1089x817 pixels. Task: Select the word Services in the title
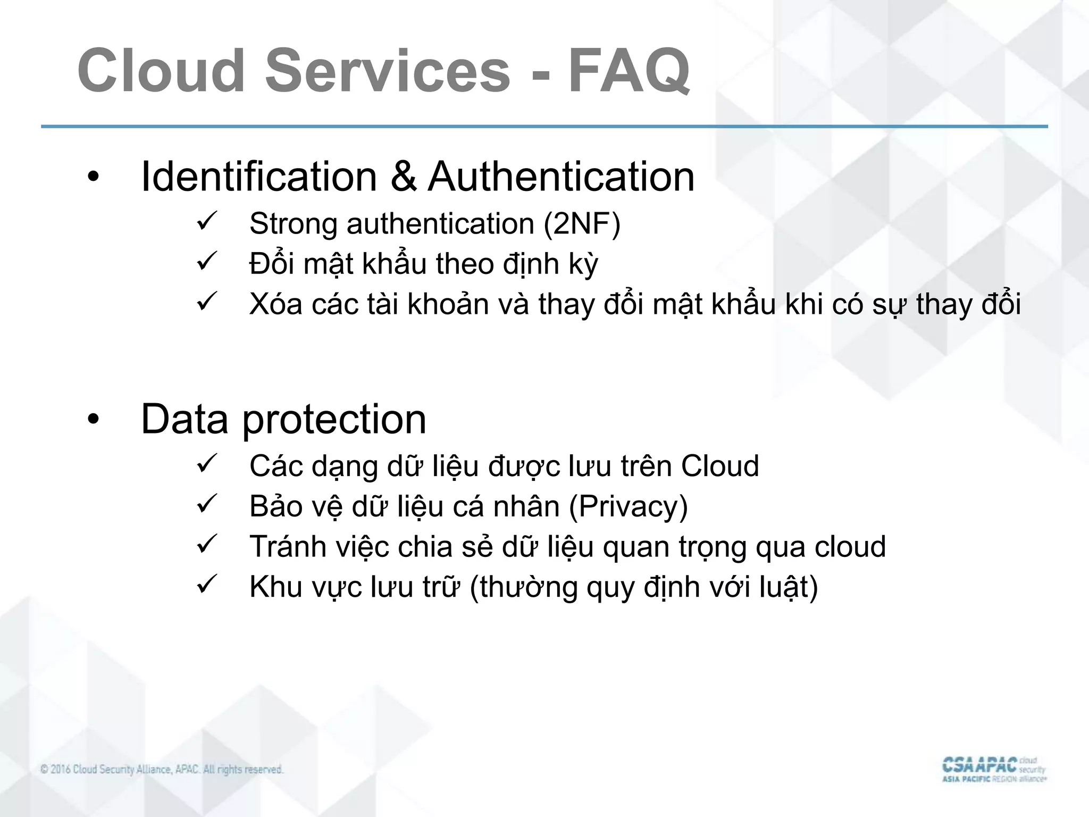pyautogui.click(x=388, y=71)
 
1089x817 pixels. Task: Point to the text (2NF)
pyautogui.click(x=582, y=223)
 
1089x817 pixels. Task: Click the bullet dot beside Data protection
pyautogui.click(x=94, y=421)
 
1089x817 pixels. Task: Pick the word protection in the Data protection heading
pyautogui.click(x=334, y=420)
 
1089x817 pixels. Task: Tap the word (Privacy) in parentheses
pyautogui.click(x=628, y=506)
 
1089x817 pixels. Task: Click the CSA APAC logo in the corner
pyautogui.click(x=993, y=770)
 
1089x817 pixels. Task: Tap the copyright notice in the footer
pyautogui.click(x=162, y=770)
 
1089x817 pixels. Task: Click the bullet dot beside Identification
pyautogui.click(x=94, y=178)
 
